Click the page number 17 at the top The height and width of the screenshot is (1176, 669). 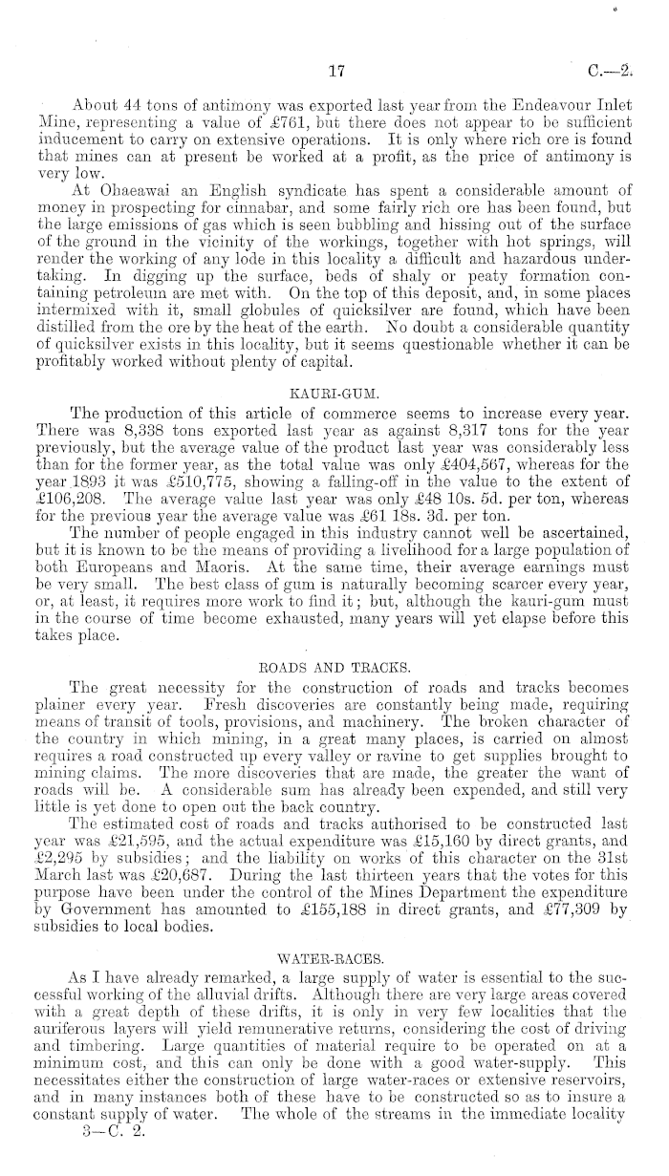pos(335,70)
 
